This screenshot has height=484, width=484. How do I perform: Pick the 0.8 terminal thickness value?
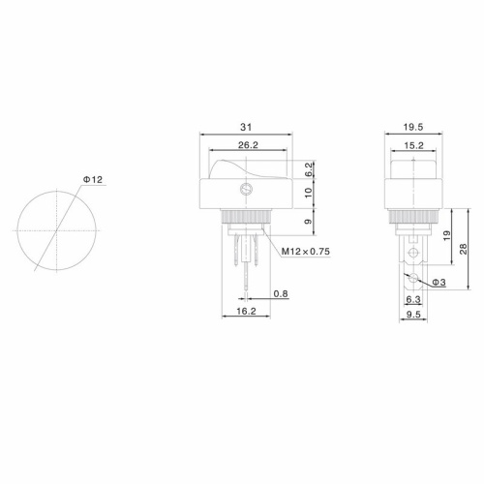click(280, 292)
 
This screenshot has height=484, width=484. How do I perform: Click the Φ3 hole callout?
click(438, 282)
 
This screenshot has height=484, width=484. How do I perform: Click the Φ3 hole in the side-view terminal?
click(413, 280)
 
